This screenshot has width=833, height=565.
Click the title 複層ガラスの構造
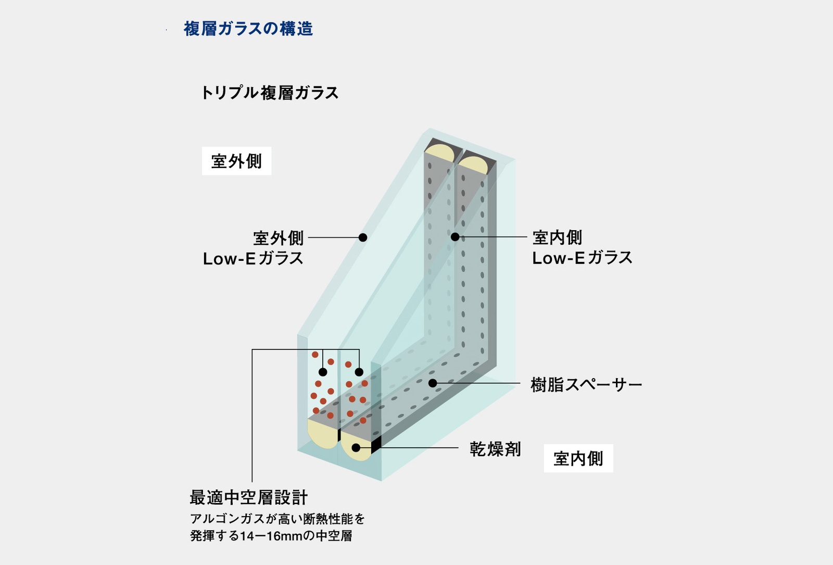tap(248, 29)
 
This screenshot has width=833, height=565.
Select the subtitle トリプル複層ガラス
tap(270, 93)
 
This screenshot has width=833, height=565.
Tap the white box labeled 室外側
tap(236, 161)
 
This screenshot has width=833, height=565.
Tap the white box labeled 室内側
tap(578, 458)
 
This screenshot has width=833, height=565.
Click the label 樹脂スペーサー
tap(586, 385)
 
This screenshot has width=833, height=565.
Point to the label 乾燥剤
tap(495, 448)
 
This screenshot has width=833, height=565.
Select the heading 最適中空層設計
tap(248, 497)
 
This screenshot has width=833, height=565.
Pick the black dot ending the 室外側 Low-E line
tap(363, 237)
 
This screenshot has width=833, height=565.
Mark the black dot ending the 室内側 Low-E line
tap(455, 237)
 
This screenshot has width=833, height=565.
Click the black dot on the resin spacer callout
tap(433, 383)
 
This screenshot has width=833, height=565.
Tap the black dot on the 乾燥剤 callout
tap(356, 448)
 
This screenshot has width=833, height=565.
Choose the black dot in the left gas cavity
tap(323, 372)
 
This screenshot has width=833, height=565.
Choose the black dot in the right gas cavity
tap(359, 372)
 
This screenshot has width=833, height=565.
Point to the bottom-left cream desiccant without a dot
tap(322, 434)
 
